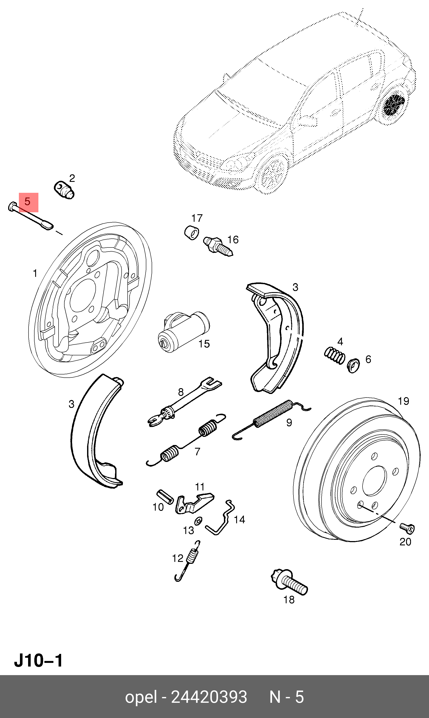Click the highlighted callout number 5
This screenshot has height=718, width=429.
coord(28,202)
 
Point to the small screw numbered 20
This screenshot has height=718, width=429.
coord(407,528)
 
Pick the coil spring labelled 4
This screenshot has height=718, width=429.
coord(334,355)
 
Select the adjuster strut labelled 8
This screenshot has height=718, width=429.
coord(185,402)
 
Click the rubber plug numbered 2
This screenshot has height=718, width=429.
coord(64,190)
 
